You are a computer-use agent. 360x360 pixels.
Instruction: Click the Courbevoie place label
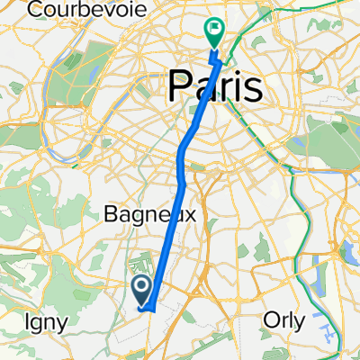point(71,9)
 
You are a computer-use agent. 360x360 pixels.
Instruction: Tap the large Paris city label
point(216,88)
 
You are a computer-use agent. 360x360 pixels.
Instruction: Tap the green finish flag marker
point(215,32)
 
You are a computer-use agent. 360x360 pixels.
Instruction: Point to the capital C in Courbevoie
point(35,9)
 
